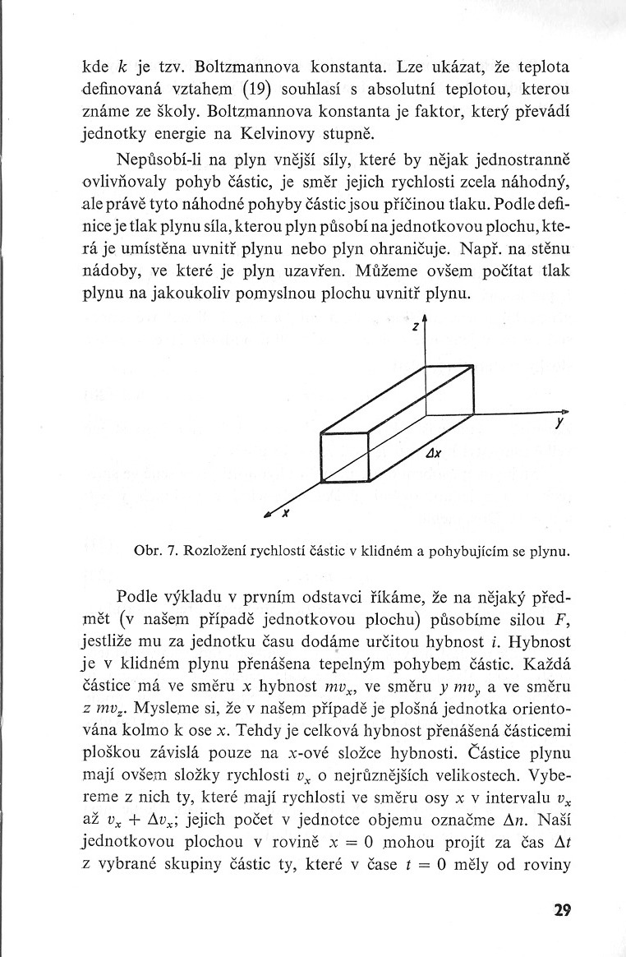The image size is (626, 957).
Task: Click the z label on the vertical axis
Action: point(416,326)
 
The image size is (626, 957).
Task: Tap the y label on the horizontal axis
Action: point(559,424)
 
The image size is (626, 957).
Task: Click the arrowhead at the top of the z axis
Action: point(425,317)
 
